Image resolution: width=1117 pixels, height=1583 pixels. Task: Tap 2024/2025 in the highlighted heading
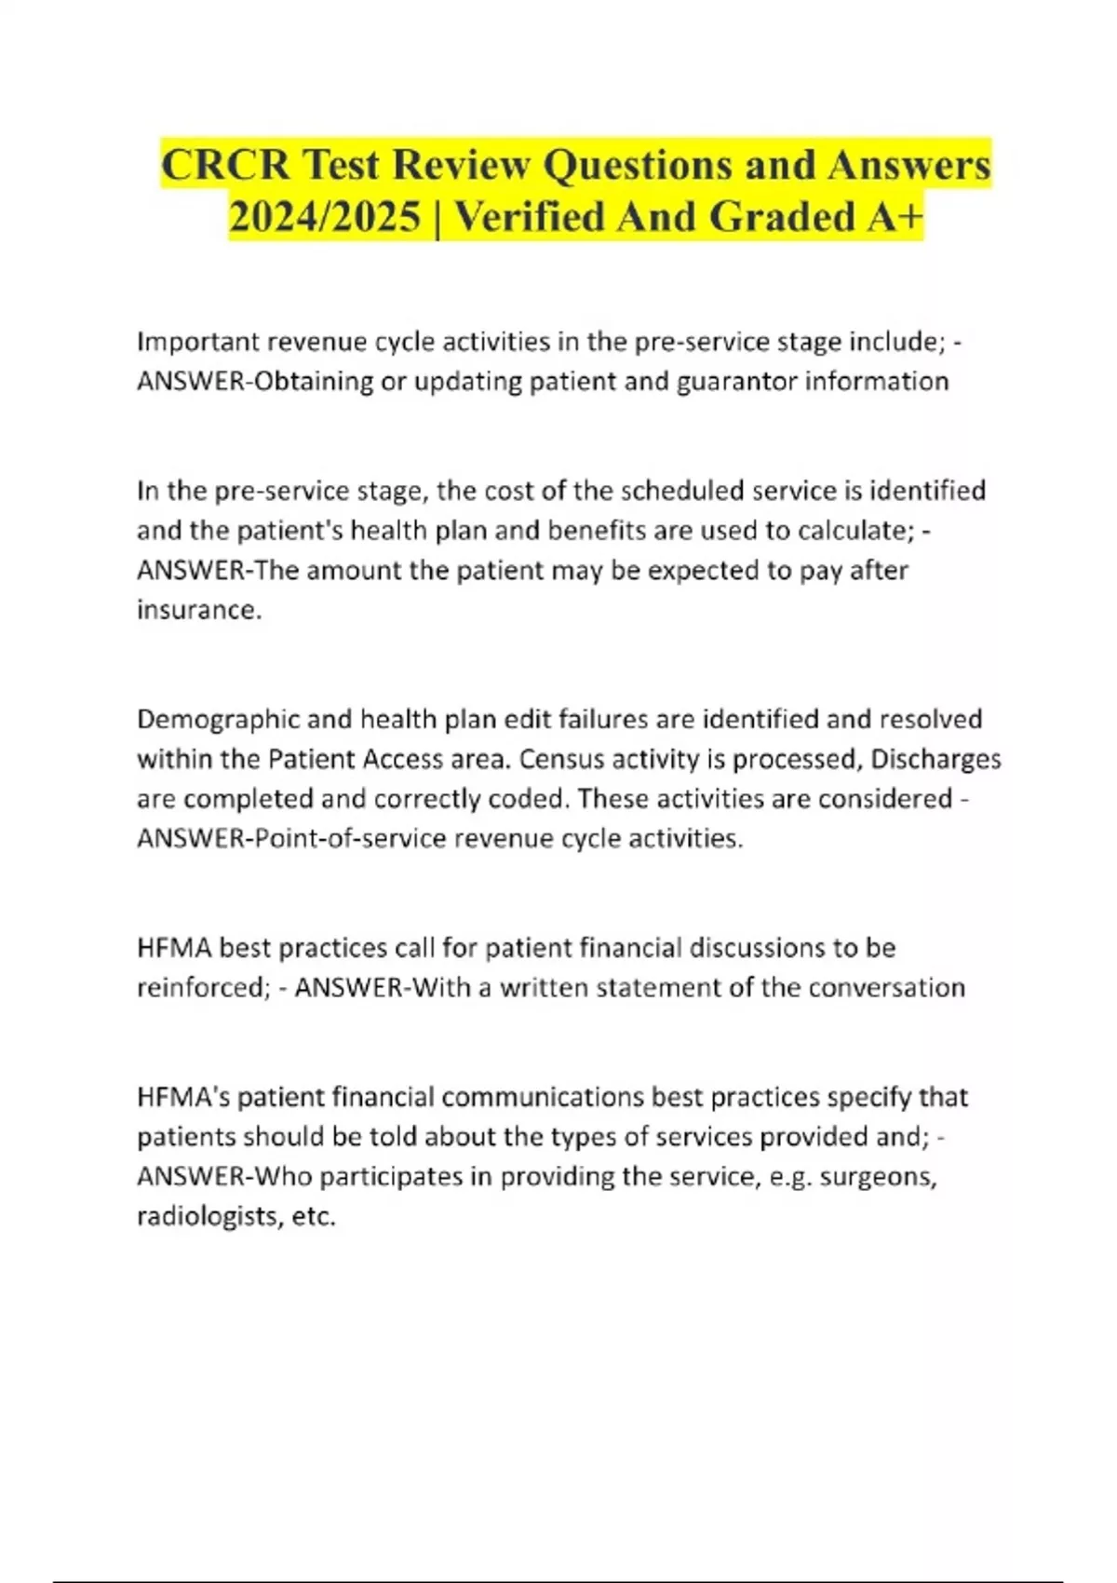point(324,218)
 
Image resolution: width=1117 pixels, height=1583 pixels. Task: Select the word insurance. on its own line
point(199,610)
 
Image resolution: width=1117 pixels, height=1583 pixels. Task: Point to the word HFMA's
point(182,1097)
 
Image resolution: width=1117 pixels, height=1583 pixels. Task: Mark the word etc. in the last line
point(314,1217)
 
